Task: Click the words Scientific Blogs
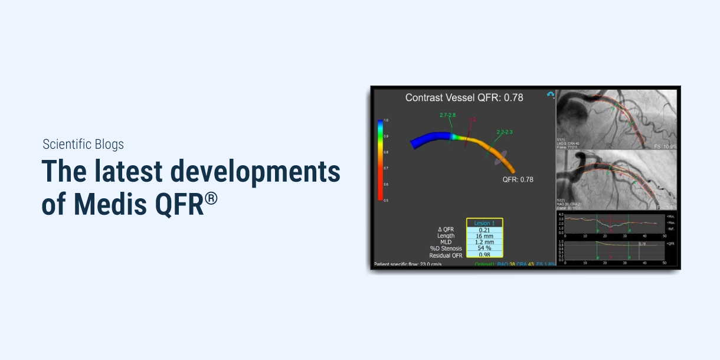click(x=83, y=144)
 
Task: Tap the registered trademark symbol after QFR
click(x=211, y=199)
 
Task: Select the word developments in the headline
click(x=255, y=172)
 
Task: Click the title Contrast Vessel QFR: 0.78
click(x=464, y=97)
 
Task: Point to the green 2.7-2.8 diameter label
click(x=447, y=114)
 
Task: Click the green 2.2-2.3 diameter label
click(x=504, y=132)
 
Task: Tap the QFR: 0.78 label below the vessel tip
click(x=518, y=179)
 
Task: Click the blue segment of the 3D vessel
click(x=431, y=140)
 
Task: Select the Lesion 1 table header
click(x=485, y=223)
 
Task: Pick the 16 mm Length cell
click(x=485, y=236)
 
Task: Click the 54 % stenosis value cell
click(x=485, y=248)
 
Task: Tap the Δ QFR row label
click(x=446, y=230)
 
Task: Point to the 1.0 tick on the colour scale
click(x=386, y=120)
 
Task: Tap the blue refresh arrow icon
click(x=550, y=94)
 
